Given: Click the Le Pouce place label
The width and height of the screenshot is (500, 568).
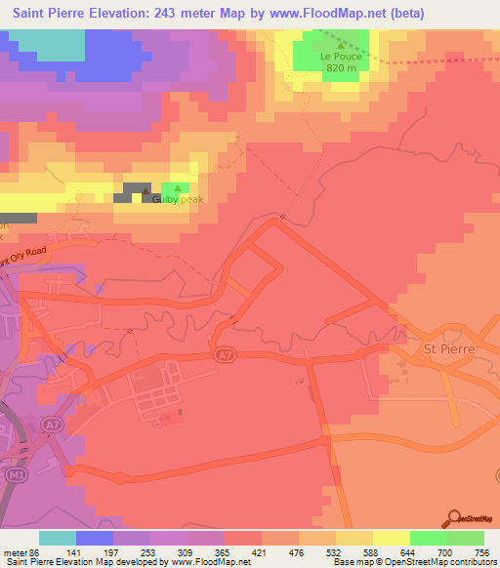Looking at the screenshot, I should tap(340, 57).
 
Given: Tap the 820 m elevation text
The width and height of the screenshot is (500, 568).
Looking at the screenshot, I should tap(340, 68).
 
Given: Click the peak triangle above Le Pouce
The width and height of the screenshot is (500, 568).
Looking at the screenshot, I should tap(340, 44).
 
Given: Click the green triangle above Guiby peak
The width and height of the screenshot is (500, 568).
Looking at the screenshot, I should tap(177, 187).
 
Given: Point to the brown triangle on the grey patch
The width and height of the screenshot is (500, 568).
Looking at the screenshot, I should tap(146, 190).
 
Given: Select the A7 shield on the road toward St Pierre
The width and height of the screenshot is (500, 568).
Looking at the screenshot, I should tap(223, 358).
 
